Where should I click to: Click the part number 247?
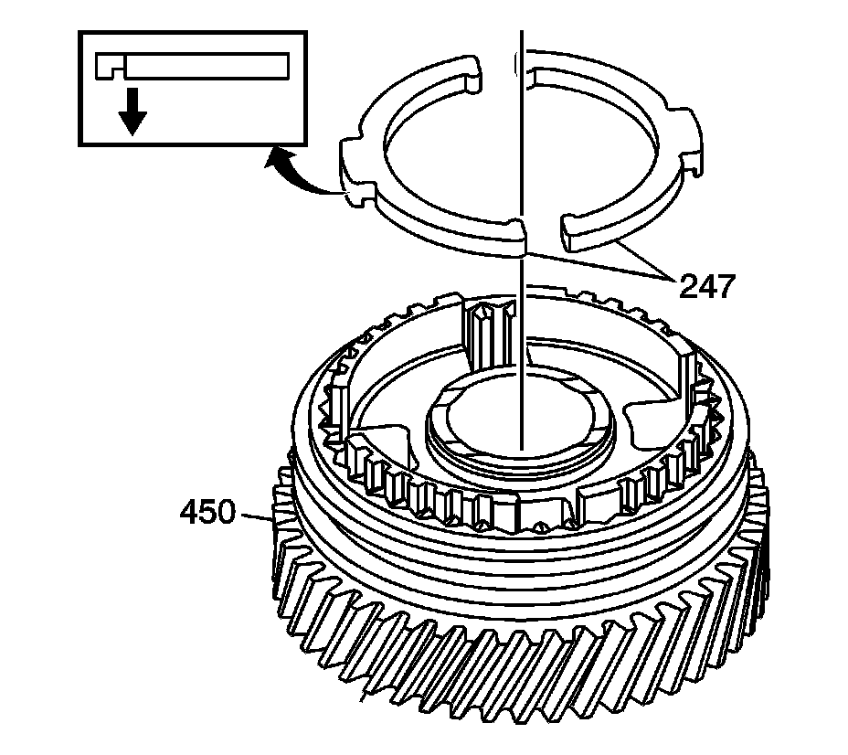[x=705, y=287]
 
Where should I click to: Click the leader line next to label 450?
[x=256, y=516]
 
